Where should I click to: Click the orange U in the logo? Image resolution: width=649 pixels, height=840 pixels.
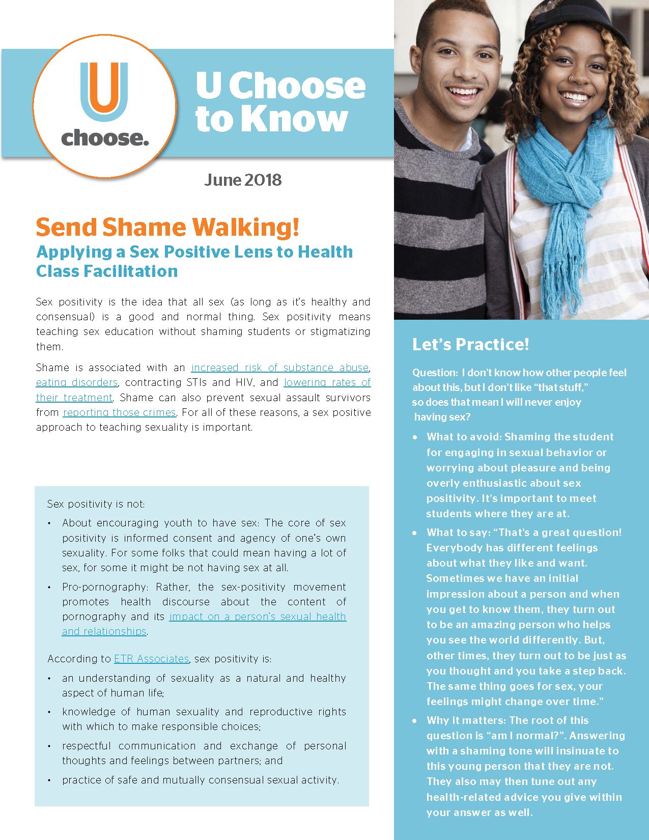pos(104,89)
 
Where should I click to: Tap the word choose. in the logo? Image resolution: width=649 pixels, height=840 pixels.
pos(105,138)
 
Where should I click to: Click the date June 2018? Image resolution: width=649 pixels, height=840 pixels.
pos(243,180)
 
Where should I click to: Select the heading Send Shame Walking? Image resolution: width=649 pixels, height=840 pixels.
pos(167,227)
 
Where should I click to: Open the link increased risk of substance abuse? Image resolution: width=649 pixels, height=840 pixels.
pos(280,368)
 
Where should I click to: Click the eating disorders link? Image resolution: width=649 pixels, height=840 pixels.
pos(77,382)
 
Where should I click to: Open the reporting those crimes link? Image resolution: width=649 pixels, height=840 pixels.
pos(119,412)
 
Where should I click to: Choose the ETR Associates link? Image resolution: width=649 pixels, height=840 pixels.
pos(151,659)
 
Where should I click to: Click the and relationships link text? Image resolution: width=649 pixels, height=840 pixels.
pos(104,631)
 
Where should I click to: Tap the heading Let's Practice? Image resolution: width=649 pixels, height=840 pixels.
pos(470,344)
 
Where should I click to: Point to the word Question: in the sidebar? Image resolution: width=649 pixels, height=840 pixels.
pos(435,373)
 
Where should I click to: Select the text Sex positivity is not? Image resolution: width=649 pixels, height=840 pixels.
pos(96,504)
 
